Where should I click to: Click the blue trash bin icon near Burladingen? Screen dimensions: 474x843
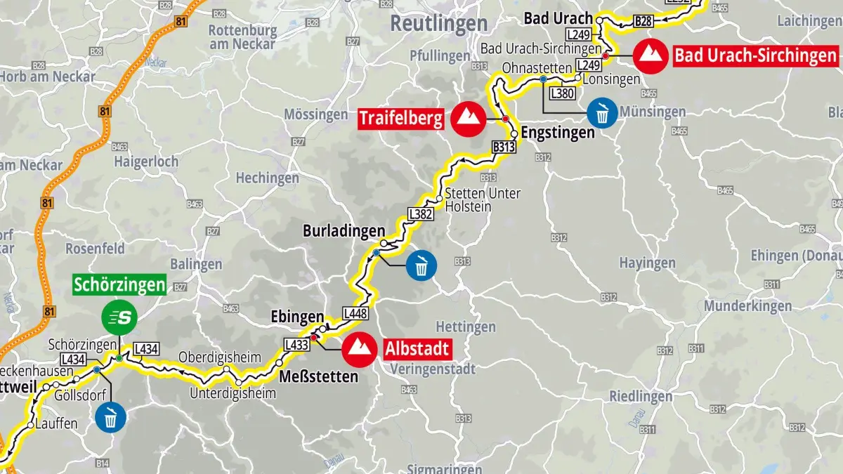pyautogui.click(x=421, y=265)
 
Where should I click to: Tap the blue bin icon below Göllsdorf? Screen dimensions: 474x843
pyautogui.click(x=110, y=417)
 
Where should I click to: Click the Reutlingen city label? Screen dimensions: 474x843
pyautogui.click(x=438, y=23)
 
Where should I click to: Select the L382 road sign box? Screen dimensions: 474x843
pyautogui.click(x=420, y=215)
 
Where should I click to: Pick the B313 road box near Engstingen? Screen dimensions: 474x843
pyautogui.click(x=504, y=147)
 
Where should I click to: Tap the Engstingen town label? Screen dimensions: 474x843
pyautogui.click(x=558, y=133)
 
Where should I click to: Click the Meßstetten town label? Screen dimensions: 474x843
pyautogui.click(x=318, y=376)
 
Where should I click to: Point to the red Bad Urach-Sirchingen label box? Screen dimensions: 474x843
pyautogui.click(x=756, y=55)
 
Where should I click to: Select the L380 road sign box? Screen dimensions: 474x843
pyautogui.click(x=563, y=93)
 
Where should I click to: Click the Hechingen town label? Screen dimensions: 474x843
pyautogui.click(x=267, y=178)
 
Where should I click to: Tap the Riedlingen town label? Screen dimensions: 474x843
pyautogui.click(x=641, y=396)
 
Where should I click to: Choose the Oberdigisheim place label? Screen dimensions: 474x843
pyautogui.click(x=220, y=356)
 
